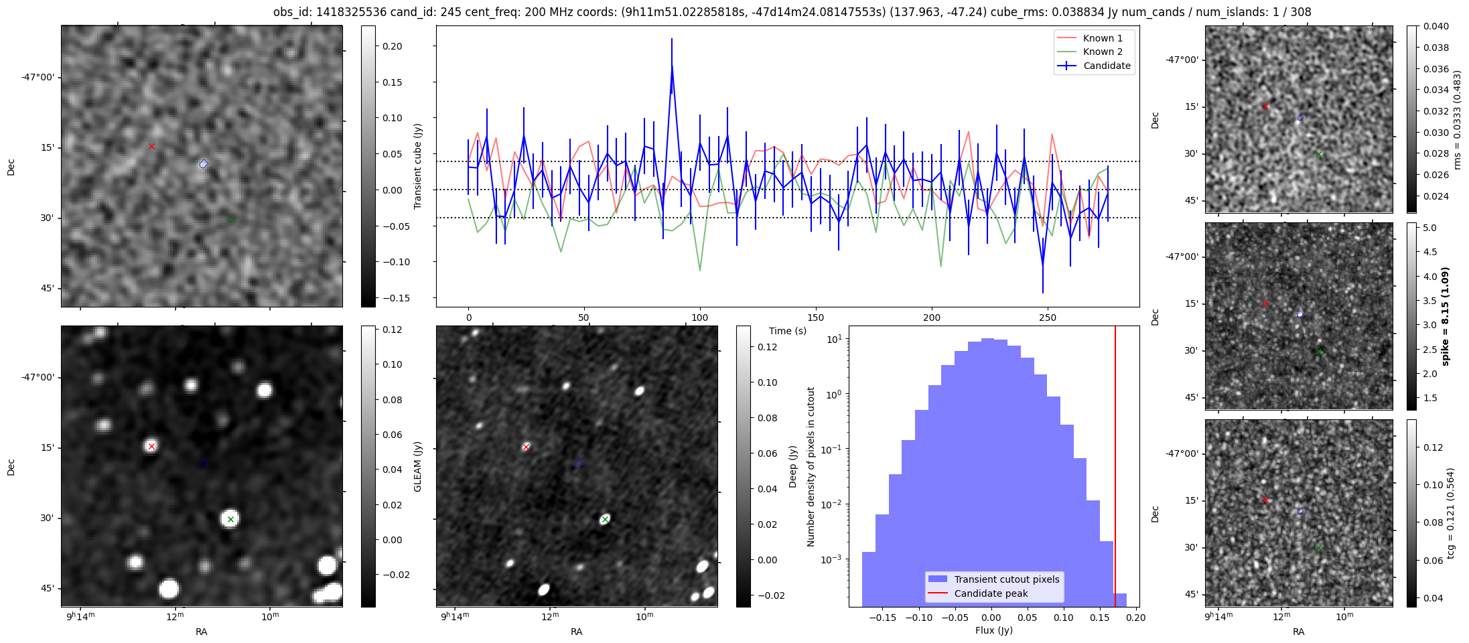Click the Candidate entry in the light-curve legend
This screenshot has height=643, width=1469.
[x=1106, y=66]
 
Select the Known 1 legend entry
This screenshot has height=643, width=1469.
[x=1102, y=38]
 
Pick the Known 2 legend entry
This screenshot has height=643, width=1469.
[x=1102, y=52]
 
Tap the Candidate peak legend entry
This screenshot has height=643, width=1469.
[x=991, y=593]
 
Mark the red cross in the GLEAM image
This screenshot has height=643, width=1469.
[x=151, y=446]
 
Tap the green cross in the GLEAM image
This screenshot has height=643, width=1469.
[x=230, y=519]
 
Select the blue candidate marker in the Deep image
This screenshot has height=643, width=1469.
[x=579, y=464]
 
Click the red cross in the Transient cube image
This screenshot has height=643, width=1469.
[x=151, y=146]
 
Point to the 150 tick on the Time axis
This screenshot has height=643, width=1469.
[x=816, y=317]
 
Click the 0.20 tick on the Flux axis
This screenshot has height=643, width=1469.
[x=1136, y=618]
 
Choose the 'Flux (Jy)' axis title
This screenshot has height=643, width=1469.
[x=994, y=630]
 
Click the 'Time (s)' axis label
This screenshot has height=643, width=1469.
[x=787, y=331]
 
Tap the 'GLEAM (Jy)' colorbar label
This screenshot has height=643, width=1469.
[x=418, y=466]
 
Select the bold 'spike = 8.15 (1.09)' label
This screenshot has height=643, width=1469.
[x=1446, y=316]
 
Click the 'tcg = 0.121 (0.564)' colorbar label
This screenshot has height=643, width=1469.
[x=1451, y=513]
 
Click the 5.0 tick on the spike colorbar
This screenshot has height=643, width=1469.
[x=1429, y=228]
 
